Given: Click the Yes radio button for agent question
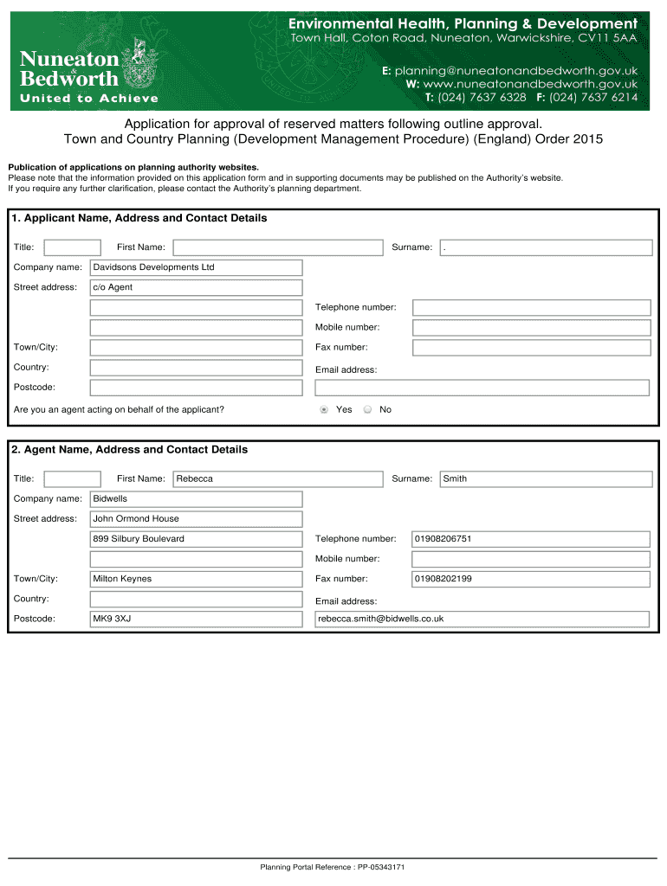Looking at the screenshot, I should [324, 410].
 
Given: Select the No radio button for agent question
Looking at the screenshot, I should [367, 410].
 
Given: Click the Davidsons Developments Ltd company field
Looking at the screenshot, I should [196, 267].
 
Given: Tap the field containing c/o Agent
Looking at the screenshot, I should [196, 287].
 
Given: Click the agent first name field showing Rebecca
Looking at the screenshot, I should [277, 478].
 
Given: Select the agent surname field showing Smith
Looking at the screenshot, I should [546, 478].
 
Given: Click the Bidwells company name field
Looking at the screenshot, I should [196, 499].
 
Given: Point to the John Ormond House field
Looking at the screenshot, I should [196, 519].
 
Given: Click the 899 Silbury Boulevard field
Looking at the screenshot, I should [196, 539].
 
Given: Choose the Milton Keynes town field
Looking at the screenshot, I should [196, 579].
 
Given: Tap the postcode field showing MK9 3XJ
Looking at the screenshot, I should [196, 619].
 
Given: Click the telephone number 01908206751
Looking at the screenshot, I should [530, 539].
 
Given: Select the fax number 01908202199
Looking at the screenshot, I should [530, 579].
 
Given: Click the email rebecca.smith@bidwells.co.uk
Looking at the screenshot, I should [482, 619].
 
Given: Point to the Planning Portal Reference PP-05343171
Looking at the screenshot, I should [333, 867].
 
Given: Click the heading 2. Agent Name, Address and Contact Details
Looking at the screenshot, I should [130, 450].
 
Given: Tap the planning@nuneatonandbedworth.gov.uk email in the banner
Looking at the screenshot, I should [510, 70].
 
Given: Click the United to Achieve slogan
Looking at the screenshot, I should [89, 99].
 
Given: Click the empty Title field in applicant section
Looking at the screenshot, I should [72, 247].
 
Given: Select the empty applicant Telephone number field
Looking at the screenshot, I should [530, 308].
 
